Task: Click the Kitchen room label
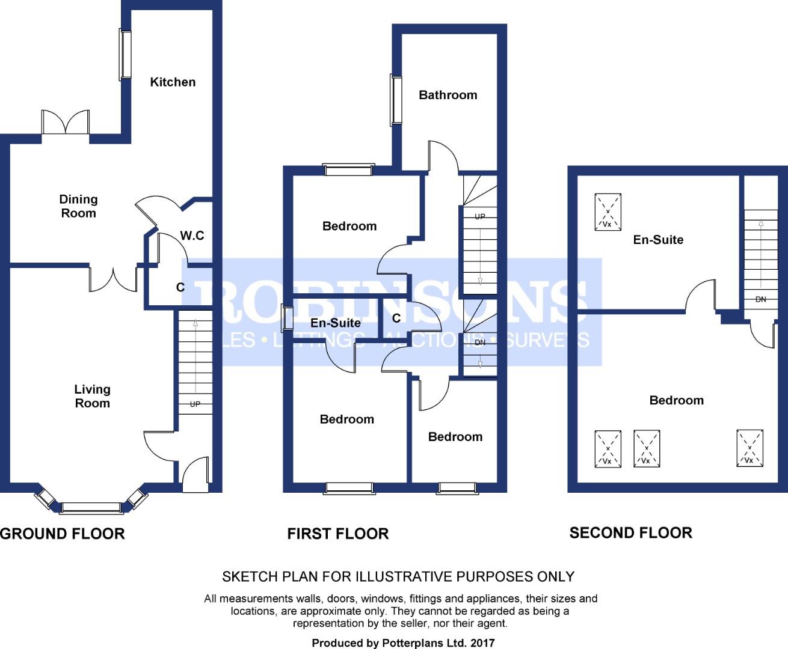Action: (173, 82)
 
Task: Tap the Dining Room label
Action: (78, 206)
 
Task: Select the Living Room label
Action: (92, 396)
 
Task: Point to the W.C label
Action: (192, 236)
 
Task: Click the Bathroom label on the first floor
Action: (448, 95)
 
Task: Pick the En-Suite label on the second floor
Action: (658, 239)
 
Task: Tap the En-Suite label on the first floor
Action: (336, 323)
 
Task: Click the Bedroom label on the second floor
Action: (677, 400)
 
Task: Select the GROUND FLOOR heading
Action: (63, 534)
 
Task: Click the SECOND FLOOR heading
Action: (631, 533)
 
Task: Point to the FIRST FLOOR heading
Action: (338, 534)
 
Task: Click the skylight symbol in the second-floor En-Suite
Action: (608, 212)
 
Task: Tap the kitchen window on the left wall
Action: (125, 55)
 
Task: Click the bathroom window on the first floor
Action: (396, 100)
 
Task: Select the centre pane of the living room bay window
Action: (91, 508)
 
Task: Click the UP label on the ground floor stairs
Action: (195, 404)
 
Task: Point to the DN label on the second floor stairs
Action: (761, 299)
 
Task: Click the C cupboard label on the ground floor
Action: (180, 287)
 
